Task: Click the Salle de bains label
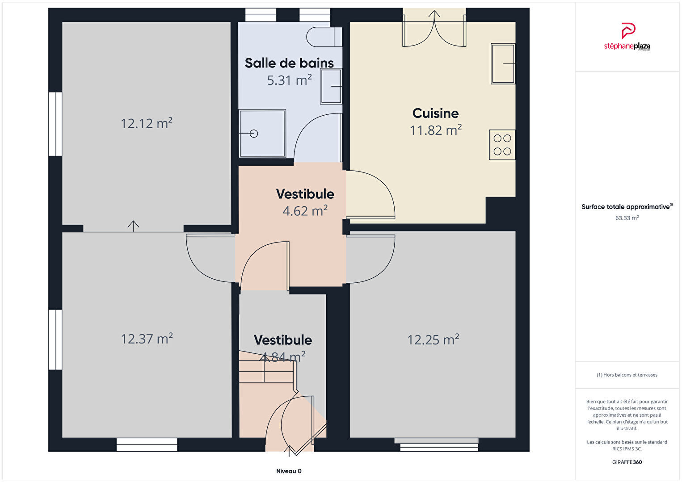289,63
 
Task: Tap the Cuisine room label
435,113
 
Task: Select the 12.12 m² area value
147,123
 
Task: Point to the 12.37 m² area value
147,339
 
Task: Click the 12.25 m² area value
433,339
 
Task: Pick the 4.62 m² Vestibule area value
305,210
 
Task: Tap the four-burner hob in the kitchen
502,145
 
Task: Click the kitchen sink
503,63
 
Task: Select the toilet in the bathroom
324,37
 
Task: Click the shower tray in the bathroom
262,133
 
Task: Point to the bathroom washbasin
331,86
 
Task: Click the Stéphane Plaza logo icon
628,31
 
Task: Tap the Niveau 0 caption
289,471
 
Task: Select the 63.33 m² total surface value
627,218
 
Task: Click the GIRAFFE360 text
627,462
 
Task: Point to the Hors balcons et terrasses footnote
627,375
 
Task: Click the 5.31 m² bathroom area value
289,80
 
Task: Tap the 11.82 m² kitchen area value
435,130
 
